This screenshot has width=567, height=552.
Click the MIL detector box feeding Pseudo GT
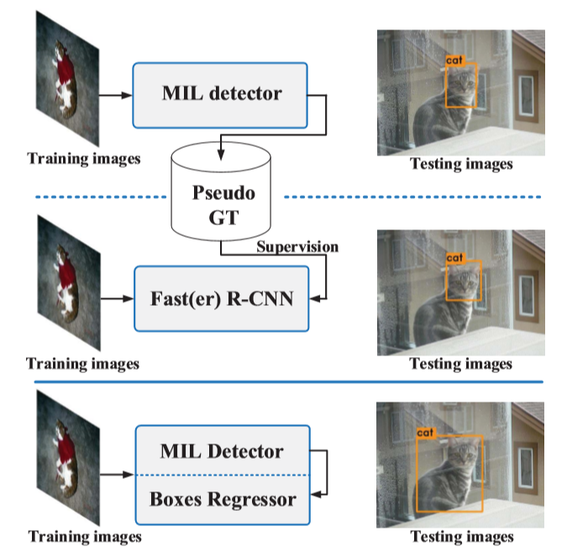[x=222, y=92]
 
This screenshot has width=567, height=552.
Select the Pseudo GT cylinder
[x=221, y=194]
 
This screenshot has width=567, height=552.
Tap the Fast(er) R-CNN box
[x=222, y=298]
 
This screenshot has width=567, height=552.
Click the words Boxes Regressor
[x=223, y=499]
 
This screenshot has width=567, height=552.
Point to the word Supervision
[x=297, y=247]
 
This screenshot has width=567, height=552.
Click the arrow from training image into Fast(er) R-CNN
[x=117, y=298]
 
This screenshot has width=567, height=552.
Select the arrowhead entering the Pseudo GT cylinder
[x=221, y=152]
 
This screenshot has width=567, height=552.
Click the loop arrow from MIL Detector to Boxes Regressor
[x=323, y=475]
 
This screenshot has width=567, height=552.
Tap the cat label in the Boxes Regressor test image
[x=426, y=433]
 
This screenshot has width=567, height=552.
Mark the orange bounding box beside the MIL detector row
[x=461, y=86]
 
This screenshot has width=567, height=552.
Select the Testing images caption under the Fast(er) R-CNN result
[x=461, y=364]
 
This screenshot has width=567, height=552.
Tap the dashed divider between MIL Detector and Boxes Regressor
[x=222, y=476]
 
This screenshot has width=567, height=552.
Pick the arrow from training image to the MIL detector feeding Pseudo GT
[x=117, y=92]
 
